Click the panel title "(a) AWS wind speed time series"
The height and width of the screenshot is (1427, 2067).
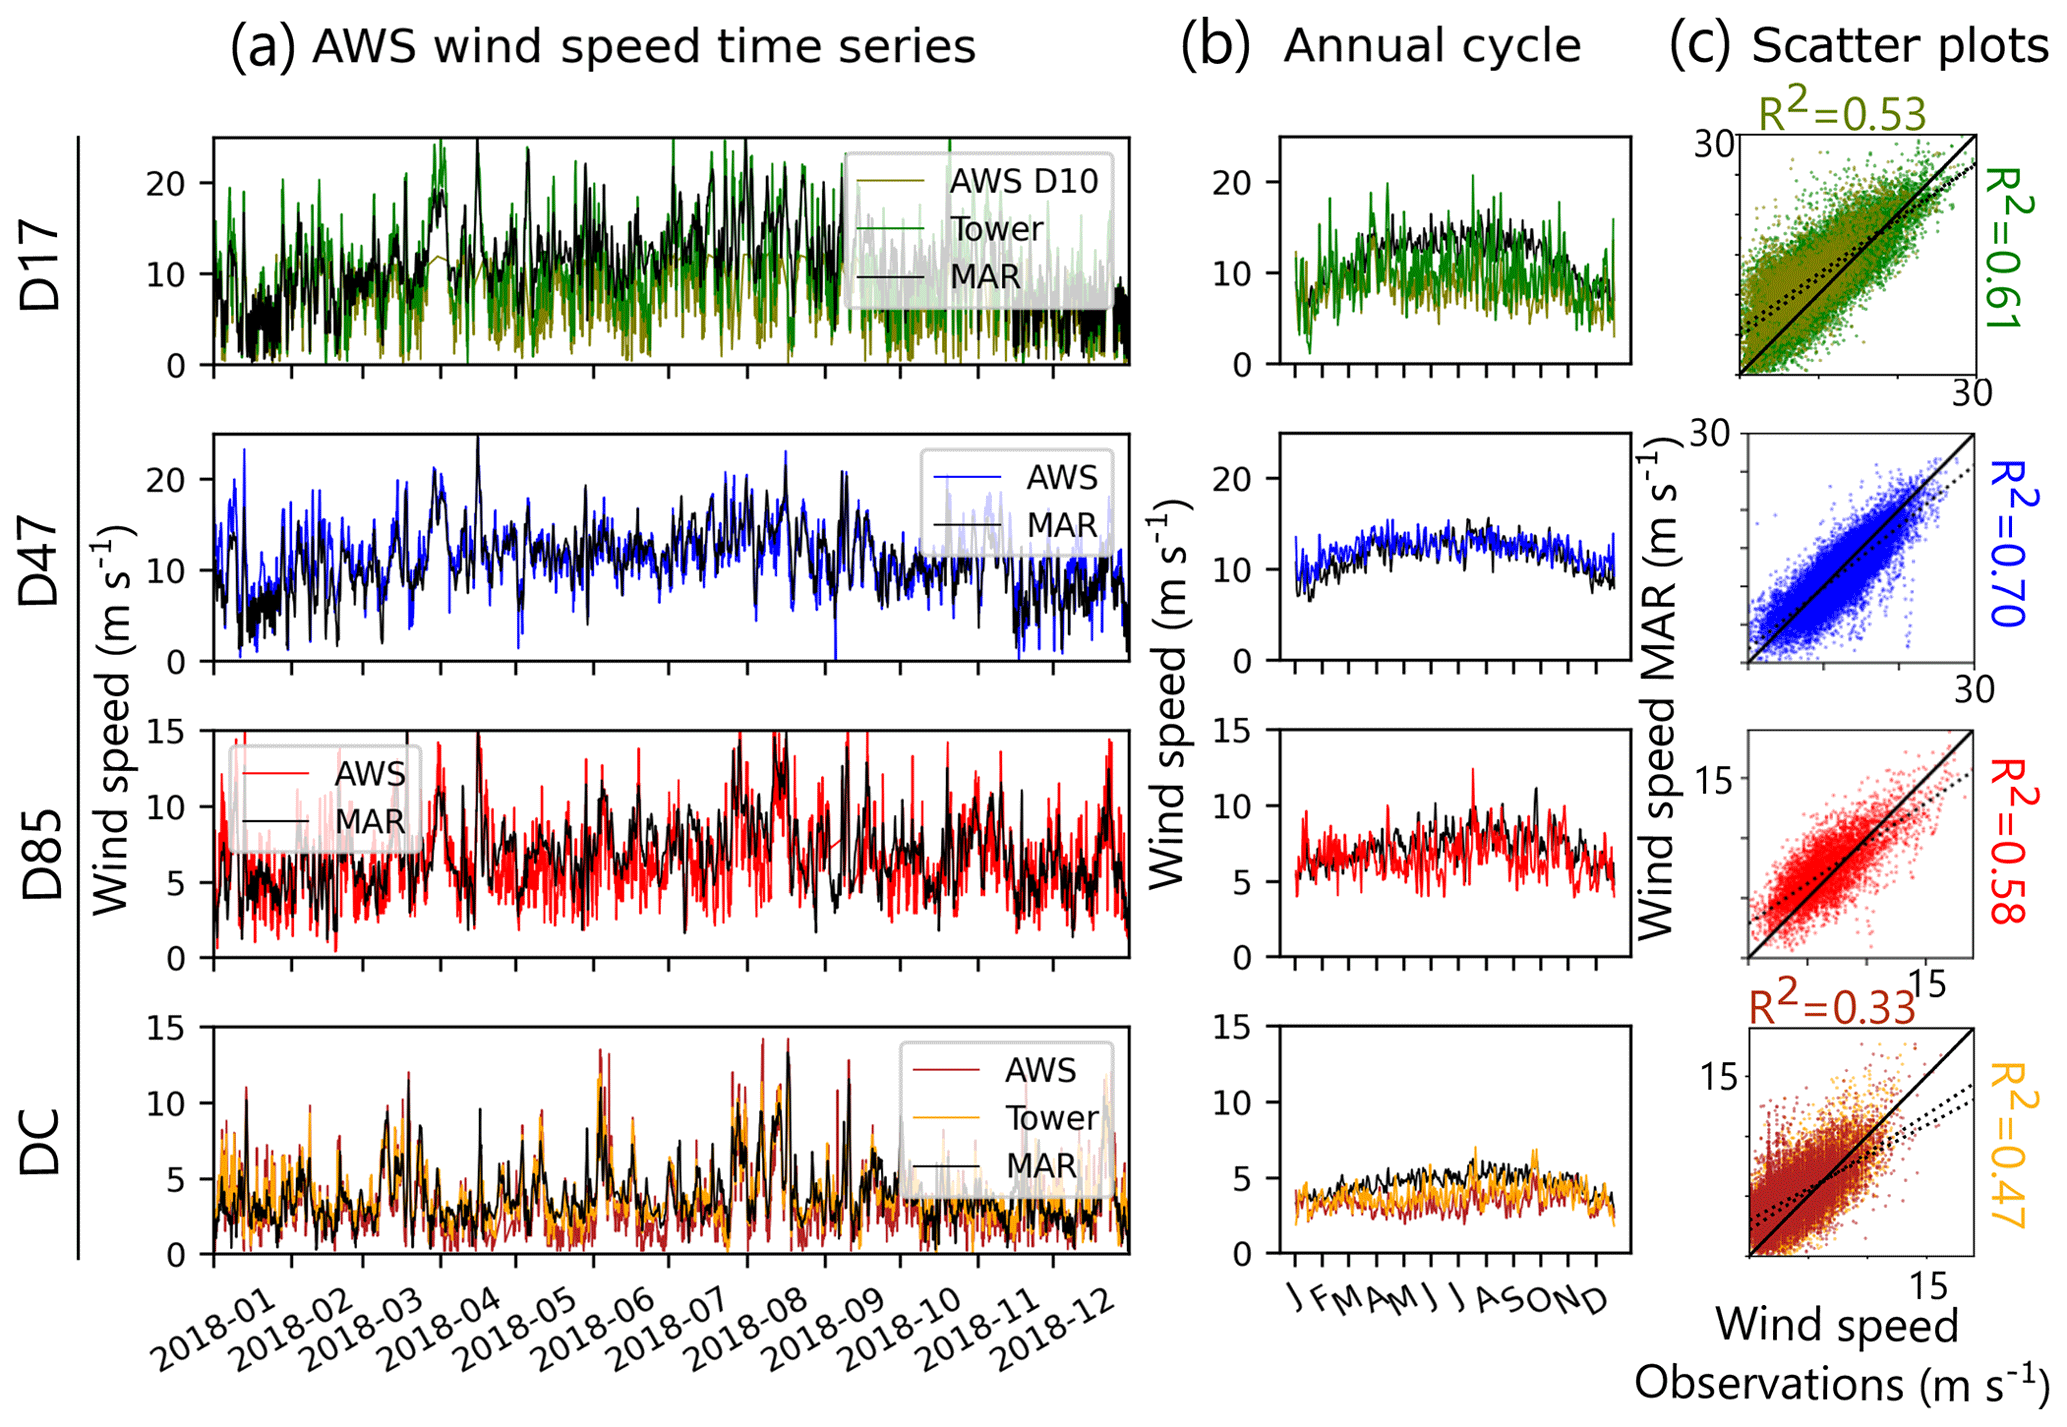pyautogui.click(x=602, y=46)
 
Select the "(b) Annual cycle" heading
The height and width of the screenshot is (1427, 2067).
pyautogui.click(x=1381, y=46)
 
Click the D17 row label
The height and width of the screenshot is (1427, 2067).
pyautogui.click(x=42, y=268)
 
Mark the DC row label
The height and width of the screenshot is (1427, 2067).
pyautogui.click(x=42, y=1140)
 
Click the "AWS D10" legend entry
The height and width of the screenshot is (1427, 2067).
pyautogui.click(x=1023, y=181)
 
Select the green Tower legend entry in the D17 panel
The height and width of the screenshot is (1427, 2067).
pyautogui.click(x=996, y=229)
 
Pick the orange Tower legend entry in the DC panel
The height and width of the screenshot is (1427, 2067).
pyautogui.click(x=1051, y=1118)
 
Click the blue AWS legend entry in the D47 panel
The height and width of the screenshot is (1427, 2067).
pyautogui.click(x=1061, y=478)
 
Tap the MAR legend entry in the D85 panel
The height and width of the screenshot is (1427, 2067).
pyautogui.click(x=369, y=822)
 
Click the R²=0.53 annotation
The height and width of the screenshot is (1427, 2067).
pyautogui.click(x=1841, y=114)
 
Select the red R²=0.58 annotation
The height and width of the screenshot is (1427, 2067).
pyautogui.click(x=2009, y=840)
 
